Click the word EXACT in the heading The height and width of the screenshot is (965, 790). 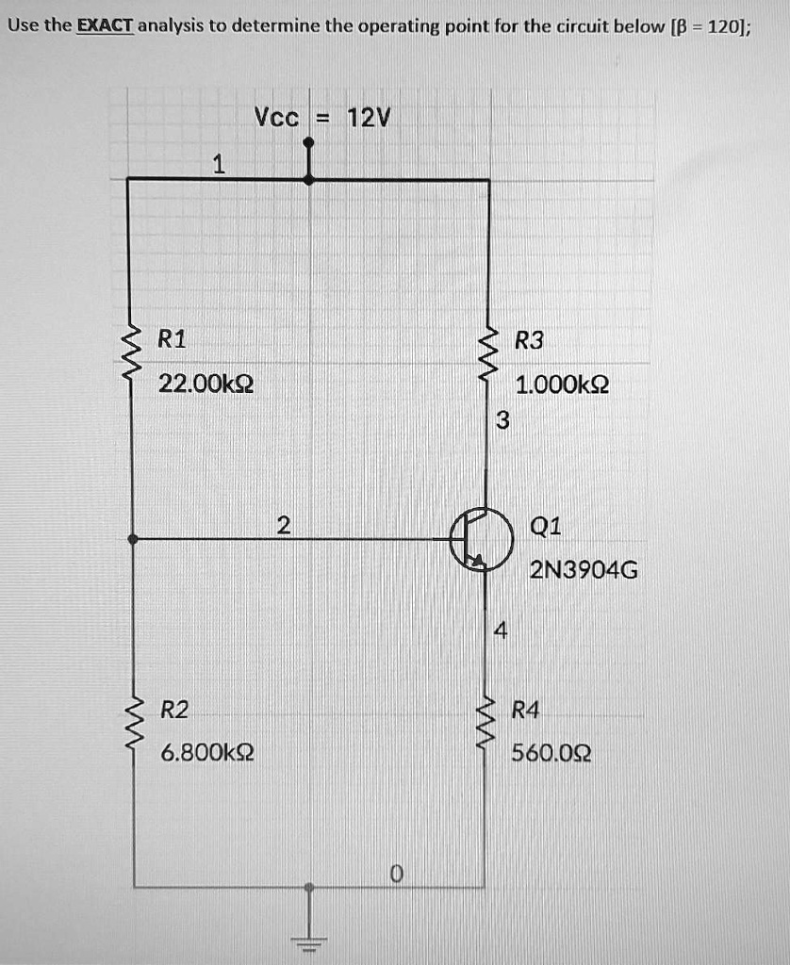coord(106,25)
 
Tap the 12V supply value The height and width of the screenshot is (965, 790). coord(368,119)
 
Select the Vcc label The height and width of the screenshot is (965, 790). coord(277,119)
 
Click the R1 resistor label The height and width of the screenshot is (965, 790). coord(172,340)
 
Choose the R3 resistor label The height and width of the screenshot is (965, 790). coord(530,340)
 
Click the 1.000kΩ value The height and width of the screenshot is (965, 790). coord(562,384)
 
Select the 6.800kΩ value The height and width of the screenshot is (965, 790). coord(206,753)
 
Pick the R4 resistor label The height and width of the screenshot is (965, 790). coord(525,709)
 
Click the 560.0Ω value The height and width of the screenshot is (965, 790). coord(551,753)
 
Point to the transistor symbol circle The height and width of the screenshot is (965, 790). coord(481,541)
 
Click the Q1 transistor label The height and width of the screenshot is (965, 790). coord(546,527)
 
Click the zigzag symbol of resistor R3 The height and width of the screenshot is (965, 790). coord(488,356)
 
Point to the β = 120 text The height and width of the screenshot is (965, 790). coord(708,25)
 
